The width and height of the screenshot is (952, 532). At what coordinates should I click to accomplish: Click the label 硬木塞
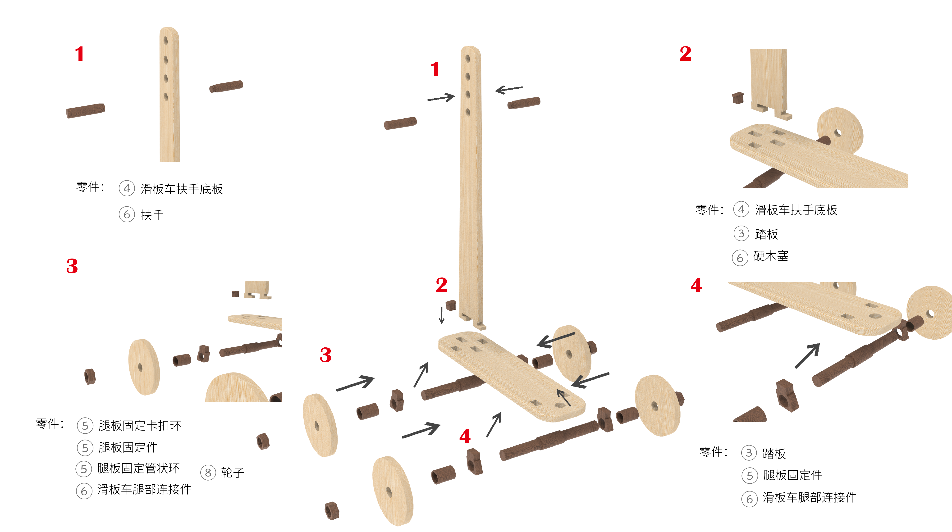(x=771, y=256)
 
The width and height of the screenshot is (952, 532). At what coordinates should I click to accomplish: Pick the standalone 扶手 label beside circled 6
(x=152, y=215)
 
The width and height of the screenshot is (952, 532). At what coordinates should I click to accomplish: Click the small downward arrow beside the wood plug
(x=441, y=315)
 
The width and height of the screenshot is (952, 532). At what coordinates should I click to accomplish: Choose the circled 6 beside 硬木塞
(x=740, y=258)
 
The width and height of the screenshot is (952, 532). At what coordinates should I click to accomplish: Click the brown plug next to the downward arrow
(x=451, y=305)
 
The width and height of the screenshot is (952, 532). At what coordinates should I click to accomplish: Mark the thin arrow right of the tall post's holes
(x=509, y=89)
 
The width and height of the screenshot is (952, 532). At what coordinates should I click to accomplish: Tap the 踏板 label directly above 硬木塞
(x=766, y=234)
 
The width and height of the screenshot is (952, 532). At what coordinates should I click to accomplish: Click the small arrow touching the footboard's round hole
(x=563, y=397)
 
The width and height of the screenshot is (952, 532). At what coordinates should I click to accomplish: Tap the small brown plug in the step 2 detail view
(x=738, y=98)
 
